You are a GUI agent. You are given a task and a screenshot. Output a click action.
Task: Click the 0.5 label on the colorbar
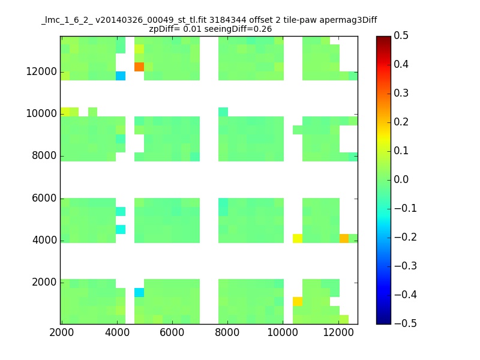[401, 35]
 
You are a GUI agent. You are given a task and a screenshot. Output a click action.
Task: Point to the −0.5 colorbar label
[406, 323]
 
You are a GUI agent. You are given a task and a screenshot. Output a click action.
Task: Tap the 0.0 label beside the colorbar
[401, 179]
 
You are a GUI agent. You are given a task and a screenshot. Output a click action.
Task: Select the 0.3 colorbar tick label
[401, 93]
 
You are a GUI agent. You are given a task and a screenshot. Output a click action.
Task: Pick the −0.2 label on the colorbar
[406, 237]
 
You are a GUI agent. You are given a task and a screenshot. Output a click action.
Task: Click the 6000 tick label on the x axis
[172, 332]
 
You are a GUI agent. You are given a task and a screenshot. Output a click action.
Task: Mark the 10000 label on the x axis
[283, 332]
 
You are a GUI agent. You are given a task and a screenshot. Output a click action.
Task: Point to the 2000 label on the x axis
[62, 332]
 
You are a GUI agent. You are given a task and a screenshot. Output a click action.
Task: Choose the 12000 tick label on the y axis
[41, 71]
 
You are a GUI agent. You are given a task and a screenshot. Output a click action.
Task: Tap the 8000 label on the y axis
[44, 155]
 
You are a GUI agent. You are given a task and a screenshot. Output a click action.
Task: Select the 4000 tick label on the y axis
[44, 240]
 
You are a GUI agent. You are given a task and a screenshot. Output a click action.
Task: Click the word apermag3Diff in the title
[349, 20]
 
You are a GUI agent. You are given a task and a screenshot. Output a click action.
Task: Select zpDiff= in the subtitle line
[164, 29]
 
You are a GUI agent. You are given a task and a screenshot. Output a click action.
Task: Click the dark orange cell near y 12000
[139, 67]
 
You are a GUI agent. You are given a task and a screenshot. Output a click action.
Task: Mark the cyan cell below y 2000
[139, 292]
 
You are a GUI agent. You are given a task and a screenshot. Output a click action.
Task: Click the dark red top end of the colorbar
[384, 38]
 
